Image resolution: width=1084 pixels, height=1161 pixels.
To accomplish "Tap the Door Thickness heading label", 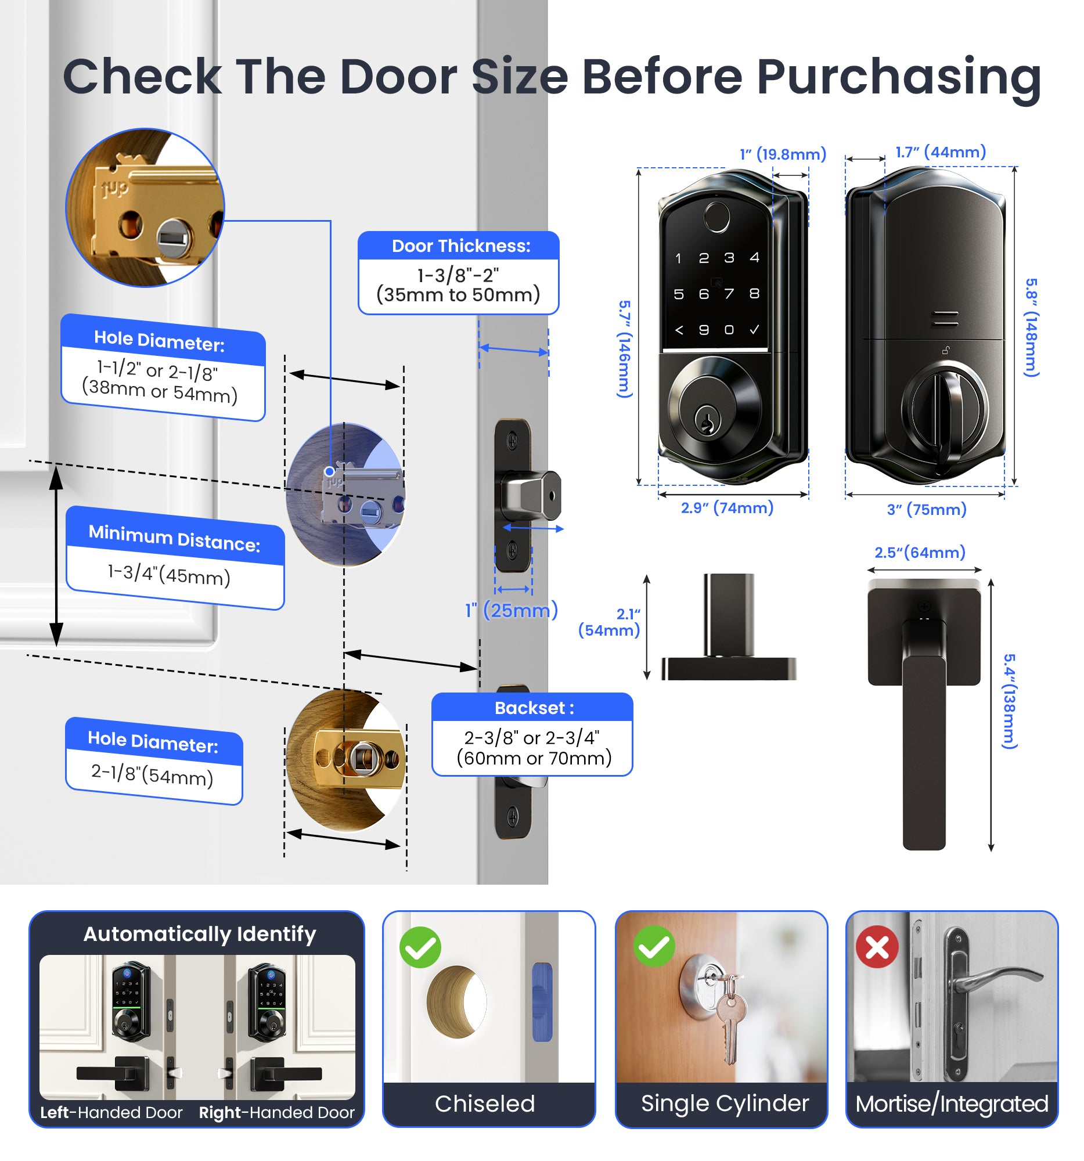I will click(460, 246).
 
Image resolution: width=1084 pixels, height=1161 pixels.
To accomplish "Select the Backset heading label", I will click(533, 707).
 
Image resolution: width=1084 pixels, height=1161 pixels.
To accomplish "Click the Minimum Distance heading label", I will click(174, 538).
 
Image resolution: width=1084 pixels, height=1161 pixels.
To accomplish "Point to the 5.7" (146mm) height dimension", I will click(624, 349).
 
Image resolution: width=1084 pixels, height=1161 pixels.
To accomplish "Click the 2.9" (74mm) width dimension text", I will click(726, 507).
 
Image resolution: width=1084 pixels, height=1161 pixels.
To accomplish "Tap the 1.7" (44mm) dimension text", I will click(941, 152).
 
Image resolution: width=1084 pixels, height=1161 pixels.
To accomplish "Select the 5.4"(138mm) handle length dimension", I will click(1010, 700).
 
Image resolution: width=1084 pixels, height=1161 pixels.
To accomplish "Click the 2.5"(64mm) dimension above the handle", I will click(919, 552).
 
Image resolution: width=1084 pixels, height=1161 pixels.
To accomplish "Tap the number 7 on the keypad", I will click(729, 294).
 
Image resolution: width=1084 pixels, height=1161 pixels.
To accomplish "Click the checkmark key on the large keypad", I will click(754, 330).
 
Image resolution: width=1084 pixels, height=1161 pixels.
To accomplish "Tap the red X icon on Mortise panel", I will click(876, 947).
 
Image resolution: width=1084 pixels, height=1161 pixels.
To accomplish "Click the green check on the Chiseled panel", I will click(420, 947).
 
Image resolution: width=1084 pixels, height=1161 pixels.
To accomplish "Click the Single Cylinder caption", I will click(724, 1103).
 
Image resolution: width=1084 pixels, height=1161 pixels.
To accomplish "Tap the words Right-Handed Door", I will click(276, 1112).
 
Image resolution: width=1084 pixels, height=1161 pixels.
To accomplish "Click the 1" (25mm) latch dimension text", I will click(511, 610).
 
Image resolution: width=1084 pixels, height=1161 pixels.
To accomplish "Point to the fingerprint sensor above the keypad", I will click(716, 217).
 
